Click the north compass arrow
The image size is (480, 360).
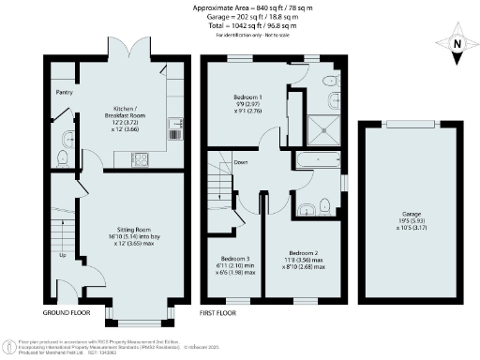pyautogui.click(x=455, y=42)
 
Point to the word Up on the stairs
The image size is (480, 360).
pyautogui.click(x=63, y=254)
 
